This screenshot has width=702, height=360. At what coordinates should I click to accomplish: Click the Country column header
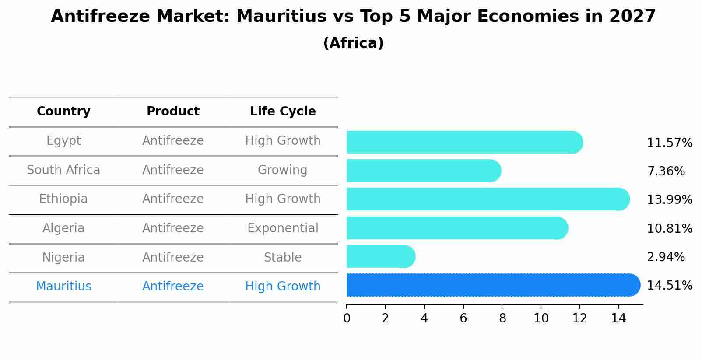pyautogui.click(x=63, y=112)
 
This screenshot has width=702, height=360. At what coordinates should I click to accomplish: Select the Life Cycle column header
pyautogui.click(x=283, y=112)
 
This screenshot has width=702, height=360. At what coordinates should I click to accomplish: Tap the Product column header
pyautogui.click(x=173, y=112)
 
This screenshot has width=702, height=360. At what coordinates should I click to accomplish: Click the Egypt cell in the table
pyautogui.click(x=63, y=141)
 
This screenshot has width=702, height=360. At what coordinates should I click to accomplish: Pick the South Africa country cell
pyautogui.click(x=63, y=170)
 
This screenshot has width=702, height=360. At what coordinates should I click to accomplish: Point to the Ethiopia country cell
pyautogui.click(x=63, y=199)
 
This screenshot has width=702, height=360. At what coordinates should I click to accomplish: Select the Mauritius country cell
pyautogui.click(x=63, y=287)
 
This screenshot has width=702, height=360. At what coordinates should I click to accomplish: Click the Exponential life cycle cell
pyautogui.click(x=283, y=228)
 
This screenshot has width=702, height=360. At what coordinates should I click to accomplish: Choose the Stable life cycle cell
pyautogui.click(x=283, y=258)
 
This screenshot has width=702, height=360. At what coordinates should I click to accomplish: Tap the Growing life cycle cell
pyautogui.click(x=283, y=170)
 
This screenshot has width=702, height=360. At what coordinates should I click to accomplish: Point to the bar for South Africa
pyautogui.click(x=423, y=171)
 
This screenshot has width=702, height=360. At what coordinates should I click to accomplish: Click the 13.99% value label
pyautogui.click(x=670, y=200)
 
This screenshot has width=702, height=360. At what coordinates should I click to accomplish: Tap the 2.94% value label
pyautogui.click(x=666, y=257)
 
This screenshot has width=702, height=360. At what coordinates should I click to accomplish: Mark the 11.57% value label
pyautogui.click(x=670, y=143)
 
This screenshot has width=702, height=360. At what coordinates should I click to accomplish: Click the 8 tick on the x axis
pyautogui.click(x=502, y=318)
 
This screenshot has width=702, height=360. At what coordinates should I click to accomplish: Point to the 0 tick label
pyautogui.click(x=347, y=318)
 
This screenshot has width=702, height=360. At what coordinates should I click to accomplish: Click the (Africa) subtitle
pyautogui.click(x=353, y=43)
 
